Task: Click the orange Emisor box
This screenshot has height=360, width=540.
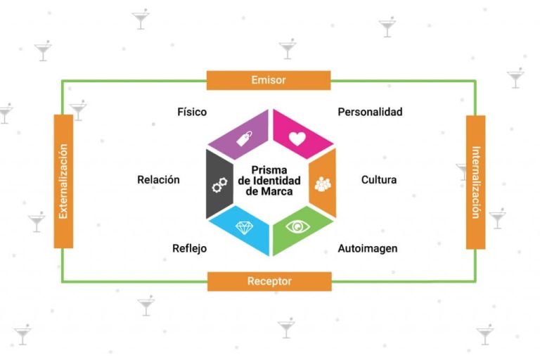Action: [x=269, y=80]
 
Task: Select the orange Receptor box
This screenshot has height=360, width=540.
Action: [x=269, y=281]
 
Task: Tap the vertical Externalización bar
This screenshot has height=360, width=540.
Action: [x=63, y=181]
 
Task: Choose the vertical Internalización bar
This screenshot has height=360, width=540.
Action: [x=475, y=182]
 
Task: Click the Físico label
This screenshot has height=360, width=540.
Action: [x=192, y=112]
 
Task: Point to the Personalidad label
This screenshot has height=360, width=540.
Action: [x=370, y=112]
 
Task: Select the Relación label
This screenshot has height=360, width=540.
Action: [x=158, y=179]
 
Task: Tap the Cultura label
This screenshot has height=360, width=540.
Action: [x=379, y=179]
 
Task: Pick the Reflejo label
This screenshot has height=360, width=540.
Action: [x=189, y=248]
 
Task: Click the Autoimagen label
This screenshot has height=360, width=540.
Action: [x=368, y=248]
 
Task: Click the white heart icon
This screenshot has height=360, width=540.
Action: [x=297, y=139]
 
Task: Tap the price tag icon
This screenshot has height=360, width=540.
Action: [x=244, y=138]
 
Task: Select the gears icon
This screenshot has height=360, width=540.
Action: [x=219, y=185]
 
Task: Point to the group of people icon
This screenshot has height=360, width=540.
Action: [x=323, y=184]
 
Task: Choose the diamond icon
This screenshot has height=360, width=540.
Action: [x=245, y=228]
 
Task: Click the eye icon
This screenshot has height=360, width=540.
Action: [x=297, y=226]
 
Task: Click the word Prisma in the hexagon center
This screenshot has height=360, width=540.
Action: [x=269, y=170]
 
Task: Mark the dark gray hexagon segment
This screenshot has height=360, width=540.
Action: [x=219, y=184]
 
